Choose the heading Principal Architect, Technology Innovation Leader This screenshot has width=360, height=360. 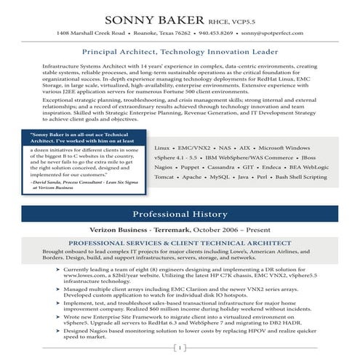tap(180, 52)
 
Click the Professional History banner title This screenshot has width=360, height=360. tap(180, 215)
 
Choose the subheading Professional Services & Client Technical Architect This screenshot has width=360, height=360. tap(180, 244)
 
